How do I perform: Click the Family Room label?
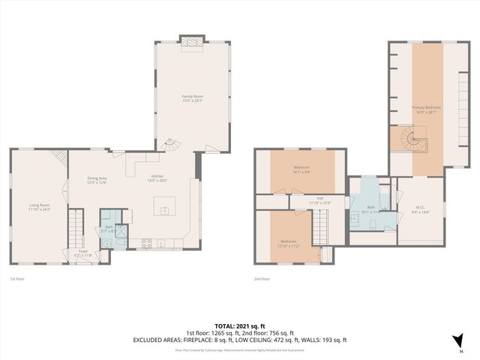point(193,98)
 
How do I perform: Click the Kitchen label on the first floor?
point(157,178)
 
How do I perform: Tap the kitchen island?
point(164,205)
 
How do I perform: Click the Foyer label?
point(83,253)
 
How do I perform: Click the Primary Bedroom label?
point(426,109)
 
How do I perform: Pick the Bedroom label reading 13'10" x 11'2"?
point(288,242)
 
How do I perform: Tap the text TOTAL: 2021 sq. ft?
point(240,326)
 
